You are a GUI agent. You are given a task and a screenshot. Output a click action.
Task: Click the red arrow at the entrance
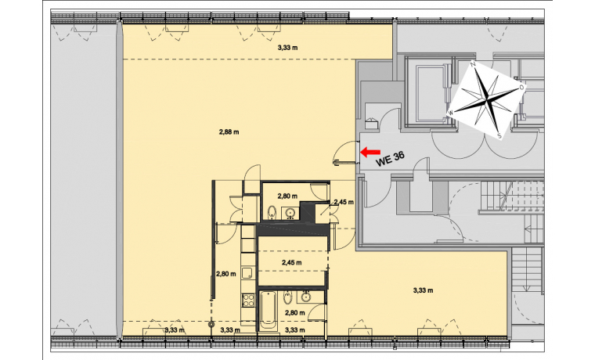coord(370,152)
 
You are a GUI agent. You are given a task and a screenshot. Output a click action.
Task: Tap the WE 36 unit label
coord(390,159)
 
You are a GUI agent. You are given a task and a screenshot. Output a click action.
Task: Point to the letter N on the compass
coord(473,64)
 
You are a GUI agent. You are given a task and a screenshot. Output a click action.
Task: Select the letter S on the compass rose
coord(499,135)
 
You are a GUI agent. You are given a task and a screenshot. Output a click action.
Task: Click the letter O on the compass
coord(521,87)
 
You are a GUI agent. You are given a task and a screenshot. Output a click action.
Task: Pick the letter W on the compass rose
coord(451,113)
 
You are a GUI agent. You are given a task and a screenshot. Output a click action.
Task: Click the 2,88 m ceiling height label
coord(229,132)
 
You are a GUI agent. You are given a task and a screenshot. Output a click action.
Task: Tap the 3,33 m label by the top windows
coord(287,48)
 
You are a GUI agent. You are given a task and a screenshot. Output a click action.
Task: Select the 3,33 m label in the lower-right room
coord(423,290)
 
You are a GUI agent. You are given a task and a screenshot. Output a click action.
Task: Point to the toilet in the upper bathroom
coord(272,213)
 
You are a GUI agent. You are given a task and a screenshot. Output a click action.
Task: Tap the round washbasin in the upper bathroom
coord(291,213)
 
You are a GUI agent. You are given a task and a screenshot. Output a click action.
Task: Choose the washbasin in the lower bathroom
coord(306,297)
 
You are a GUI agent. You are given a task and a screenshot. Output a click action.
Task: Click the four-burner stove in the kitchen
coord(248,301)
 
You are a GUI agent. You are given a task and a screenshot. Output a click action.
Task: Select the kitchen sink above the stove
coord(248,273)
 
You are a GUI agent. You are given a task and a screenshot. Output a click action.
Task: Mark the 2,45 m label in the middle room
coord(292,262)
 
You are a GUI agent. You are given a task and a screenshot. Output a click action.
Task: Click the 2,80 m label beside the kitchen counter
coord(226,274)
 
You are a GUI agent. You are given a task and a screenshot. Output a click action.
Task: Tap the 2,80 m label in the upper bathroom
coord(287,196)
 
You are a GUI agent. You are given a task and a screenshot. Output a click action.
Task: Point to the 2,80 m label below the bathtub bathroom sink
coord(295,313)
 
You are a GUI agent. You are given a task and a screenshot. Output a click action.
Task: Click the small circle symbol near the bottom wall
coord(211,324)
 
